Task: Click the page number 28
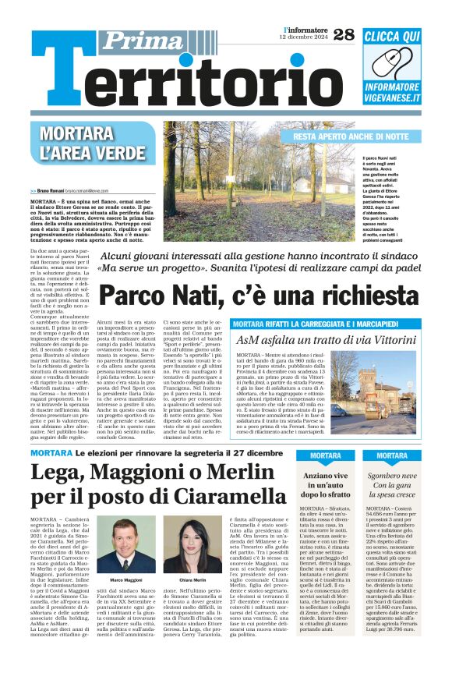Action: tap(342, 34)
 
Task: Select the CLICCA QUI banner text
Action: tap(392, 37)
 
